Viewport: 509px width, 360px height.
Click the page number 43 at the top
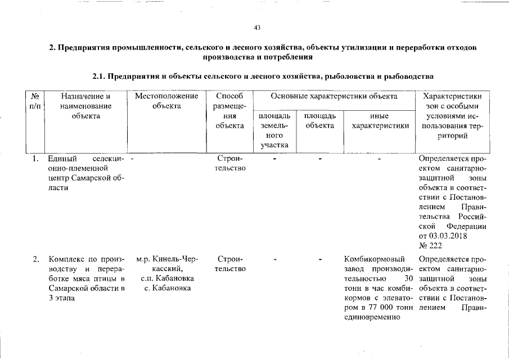pos(258,28)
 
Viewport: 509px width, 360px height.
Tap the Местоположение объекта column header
pos(166,101)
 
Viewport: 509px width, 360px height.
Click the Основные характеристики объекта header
pos(334,96)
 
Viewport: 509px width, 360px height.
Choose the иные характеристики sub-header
pos(380,120)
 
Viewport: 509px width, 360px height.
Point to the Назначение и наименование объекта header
pos(86,106)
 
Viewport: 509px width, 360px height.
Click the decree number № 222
pos(430,245)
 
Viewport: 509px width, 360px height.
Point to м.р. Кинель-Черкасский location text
pos(167,264)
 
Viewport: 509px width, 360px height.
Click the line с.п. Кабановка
pos(167,279)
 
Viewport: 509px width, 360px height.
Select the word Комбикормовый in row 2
pos(375,259)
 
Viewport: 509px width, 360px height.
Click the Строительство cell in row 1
pos(229,163)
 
